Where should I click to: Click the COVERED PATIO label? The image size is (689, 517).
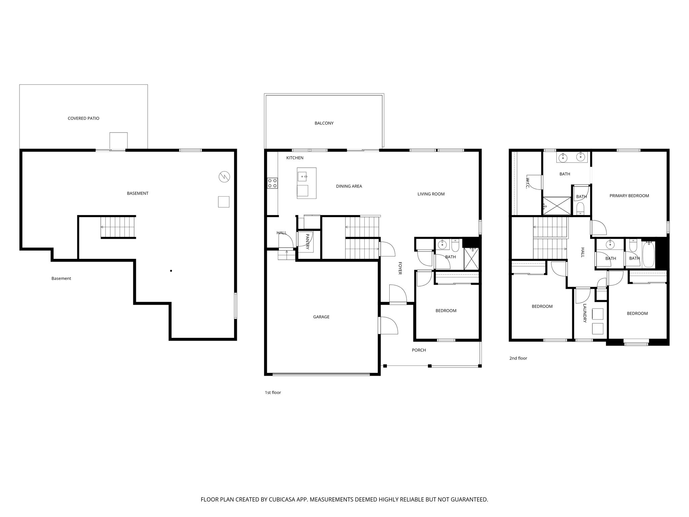[x=83, y=118]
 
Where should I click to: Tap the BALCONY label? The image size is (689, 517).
[x=324, y=123]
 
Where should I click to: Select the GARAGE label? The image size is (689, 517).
[x=321, y=317]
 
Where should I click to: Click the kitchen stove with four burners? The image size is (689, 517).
[x=273, y=183]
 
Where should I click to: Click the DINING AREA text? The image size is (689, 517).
[x=349, y=186]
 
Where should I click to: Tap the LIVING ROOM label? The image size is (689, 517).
[x=431, y=194]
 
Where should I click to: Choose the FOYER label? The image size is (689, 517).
[x=400, y=268]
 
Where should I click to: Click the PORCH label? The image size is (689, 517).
[x=419, y=350]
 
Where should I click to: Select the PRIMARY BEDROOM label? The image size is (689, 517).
[x=629, y=196]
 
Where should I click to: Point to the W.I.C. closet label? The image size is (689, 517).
[x=528, y=183]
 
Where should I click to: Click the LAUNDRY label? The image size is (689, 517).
[x=585, y=313]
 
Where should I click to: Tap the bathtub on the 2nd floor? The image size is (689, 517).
[x=649, y=254]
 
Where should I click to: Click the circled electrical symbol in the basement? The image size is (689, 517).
[x=224, y=176]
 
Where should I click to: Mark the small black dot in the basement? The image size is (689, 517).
[x=171, y=271]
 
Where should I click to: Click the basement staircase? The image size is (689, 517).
[x=118, y=227]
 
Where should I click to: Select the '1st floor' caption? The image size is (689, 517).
[x=273, y=392]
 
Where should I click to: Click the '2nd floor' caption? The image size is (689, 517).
[x=518, y=358]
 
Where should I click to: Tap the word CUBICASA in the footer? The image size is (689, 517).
[x=278, y=499]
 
